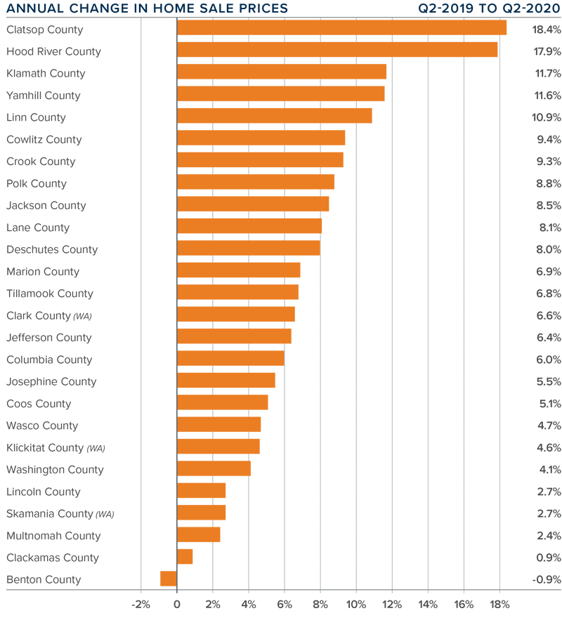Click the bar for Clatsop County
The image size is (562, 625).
point(341,27)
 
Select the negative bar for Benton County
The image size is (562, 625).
point(169,579)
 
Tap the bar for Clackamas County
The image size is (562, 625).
point(185,557)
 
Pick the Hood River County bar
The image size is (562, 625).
point(337,50)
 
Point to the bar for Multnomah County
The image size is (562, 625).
point(199,535)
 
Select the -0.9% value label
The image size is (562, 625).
point(546,579)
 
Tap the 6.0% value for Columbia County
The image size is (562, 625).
point(547,360)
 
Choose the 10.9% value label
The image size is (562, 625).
point(546,117)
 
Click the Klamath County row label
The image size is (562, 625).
point(46,73)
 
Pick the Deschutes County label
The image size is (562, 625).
point(52,249)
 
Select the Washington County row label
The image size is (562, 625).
point(55,469)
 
